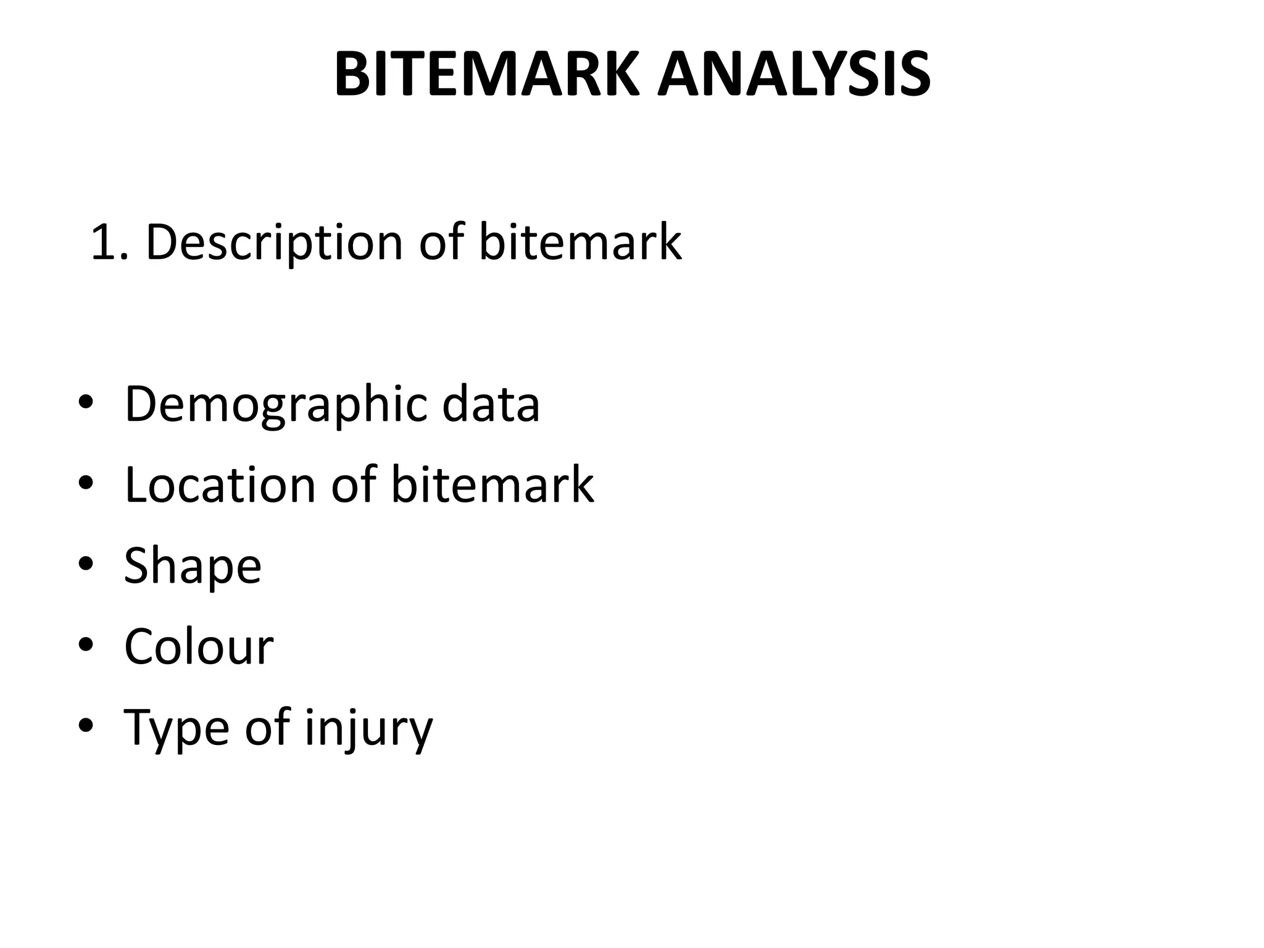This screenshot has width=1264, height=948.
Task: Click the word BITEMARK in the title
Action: point(487,75)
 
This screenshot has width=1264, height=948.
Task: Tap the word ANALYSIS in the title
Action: point(794,75)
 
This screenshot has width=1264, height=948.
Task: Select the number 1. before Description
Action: point(109,242)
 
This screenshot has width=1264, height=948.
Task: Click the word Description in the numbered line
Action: point(274,242)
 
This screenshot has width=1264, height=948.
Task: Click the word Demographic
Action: point(275,405)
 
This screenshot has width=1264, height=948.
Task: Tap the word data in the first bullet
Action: point(491,404)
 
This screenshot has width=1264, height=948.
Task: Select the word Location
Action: point(219,485)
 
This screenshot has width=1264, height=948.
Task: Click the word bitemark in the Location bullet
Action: point(492,485)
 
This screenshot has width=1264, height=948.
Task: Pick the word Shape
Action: point(193,567)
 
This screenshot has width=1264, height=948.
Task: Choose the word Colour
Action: point(199,647)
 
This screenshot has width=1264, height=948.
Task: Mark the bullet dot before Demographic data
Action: point(86,404)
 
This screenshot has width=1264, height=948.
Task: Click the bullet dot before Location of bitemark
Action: point(86,484)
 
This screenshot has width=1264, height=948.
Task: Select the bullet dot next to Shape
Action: point(86,564)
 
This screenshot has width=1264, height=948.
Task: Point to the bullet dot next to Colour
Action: point(86,645)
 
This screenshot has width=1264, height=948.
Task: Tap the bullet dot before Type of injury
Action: point(86,726)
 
